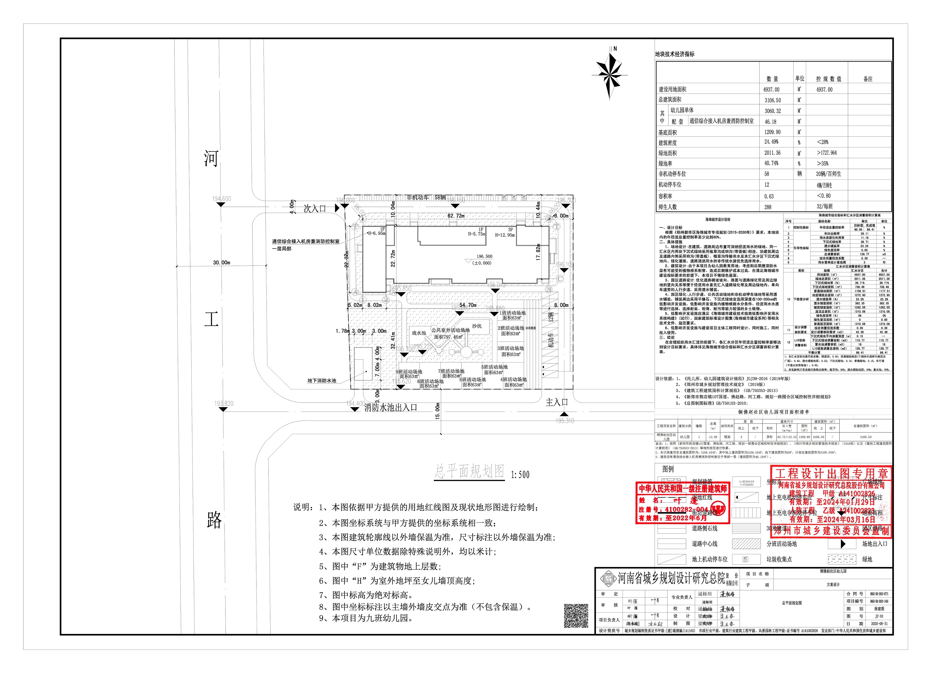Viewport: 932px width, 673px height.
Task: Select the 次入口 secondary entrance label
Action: (315, 209)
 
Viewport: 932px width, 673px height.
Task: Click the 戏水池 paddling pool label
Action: (419, 333)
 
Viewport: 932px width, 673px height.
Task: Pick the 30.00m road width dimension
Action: (222, 262)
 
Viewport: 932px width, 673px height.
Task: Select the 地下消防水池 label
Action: (322, 381)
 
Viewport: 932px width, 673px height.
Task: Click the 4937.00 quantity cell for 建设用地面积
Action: (771, 89)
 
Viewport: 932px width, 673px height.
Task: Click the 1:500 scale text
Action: (520, 475)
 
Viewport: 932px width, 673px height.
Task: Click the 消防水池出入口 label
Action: (391, 407)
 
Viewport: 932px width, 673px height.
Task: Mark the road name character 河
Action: (211, 158)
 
